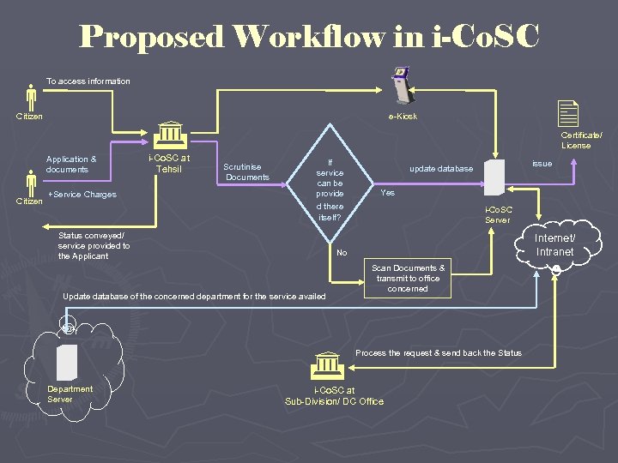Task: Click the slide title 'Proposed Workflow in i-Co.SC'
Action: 309,37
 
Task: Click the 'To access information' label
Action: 88,81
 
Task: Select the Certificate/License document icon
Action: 567,114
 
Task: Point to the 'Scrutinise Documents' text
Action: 247,171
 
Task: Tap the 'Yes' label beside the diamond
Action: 388,193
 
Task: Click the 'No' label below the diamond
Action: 342,253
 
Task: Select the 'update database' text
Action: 441,169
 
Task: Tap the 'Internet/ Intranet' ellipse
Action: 554,244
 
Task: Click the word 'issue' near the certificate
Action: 542,163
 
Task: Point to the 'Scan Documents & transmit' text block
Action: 408,278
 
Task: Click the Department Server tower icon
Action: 67,363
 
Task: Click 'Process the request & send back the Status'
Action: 438,353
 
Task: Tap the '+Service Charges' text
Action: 82,195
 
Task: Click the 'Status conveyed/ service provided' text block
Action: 94,245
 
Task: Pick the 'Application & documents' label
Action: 71,164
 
